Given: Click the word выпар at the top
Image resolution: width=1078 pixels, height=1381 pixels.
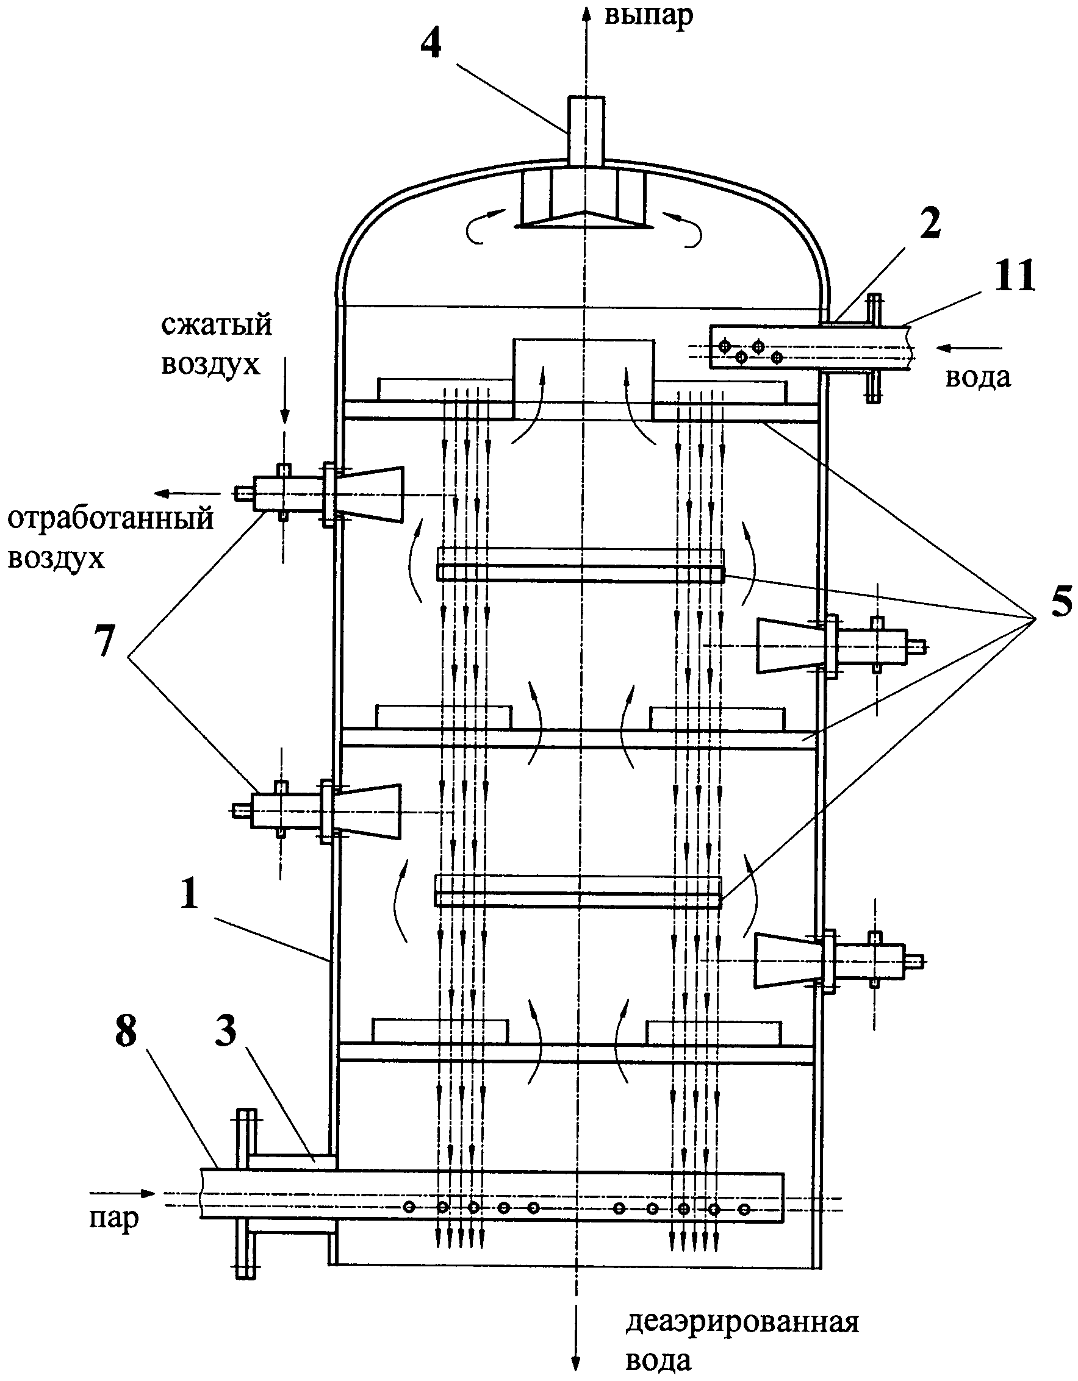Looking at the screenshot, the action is (x=649, y=16).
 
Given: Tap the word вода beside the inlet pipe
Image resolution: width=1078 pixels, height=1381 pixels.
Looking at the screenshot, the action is (x=977, y=377).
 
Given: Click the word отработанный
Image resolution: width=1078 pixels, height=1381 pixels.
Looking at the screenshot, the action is (x=110, y=519).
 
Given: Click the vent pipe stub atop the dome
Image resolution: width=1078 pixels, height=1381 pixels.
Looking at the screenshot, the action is (x=586, y=131).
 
